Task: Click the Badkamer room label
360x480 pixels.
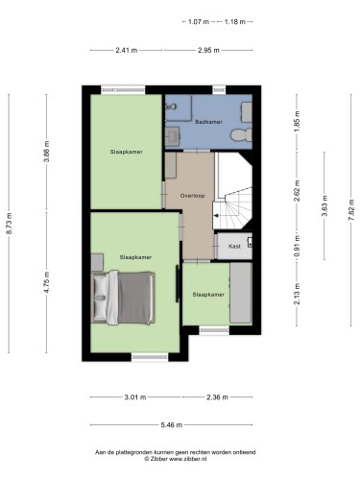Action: tap(208, 122)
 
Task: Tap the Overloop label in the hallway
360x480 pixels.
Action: tap(192, 196)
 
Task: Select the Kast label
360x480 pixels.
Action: tap(234, 246)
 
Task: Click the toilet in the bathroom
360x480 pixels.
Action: tap(241, 134)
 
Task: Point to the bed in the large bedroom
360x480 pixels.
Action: tap(123, 298)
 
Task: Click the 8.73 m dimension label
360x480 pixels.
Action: tap(9, 224)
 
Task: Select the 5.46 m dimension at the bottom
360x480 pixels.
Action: tap(172, 425)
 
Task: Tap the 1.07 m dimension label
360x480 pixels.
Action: tap(199, 22)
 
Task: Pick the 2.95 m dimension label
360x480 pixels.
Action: tap(208, 50)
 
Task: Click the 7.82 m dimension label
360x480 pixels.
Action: tap(351, 209)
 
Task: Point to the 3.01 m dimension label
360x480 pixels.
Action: tap(135, 397)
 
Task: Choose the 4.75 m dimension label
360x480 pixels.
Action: tap(47, 282)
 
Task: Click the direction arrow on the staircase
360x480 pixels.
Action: tap(216, 216)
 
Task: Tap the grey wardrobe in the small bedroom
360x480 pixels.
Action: tap(241, 293)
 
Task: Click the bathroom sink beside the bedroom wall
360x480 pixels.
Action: tap(173, 136)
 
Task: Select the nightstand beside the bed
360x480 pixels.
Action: tap(97, 262)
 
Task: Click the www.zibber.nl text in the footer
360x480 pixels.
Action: tap(187, 459)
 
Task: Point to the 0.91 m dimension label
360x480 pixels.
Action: tap(298, 247)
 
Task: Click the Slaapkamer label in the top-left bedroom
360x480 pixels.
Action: tap(127, 152)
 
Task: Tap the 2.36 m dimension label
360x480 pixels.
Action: tap(217, 397)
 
